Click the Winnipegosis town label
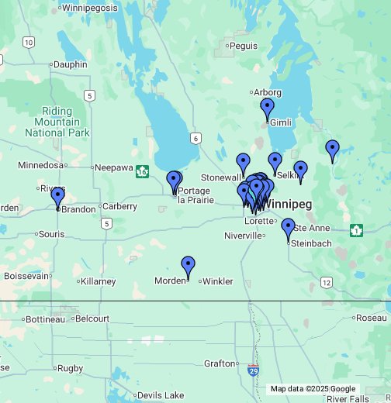click(x=89, y=8)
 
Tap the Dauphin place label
click(x=71, y=65)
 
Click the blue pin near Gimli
click(x=268, y=109)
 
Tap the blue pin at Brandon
click(x=57, y=197)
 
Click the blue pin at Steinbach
click(x=288, y=229)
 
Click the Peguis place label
click(x=244, y=46)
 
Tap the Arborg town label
click(x=268, y=93)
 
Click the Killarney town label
click(x=99, y=281)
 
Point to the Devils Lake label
click(x=161, y=395)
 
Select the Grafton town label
click(x=218, y=363)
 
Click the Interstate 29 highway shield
click(x=254, y=370)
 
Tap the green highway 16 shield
click(x=142, y=170)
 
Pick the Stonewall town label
click(x=217, y=177)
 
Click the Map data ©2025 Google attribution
click(x=313, y=389)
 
